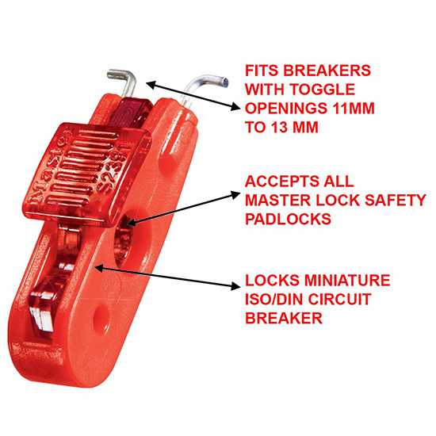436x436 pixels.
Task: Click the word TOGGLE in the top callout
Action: coord(323,90)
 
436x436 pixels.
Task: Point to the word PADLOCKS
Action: coord(288,219)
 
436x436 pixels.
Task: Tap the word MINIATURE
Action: coord(347,281)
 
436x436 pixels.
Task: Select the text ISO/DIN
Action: coord(274,299)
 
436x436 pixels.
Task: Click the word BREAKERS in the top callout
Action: coord(327,71)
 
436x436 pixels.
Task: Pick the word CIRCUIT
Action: coord(339,299)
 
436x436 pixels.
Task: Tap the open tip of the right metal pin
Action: coord(224,82)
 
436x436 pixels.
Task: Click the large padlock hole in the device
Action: coord(125,239)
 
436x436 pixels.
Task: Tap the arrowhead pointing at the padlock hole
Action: coord(131,222)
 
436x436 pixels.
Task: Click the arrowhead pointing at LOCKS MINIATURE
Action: coord(235,285)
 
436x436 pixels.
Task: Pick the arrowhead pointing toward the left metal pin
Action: coord(151,84)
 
